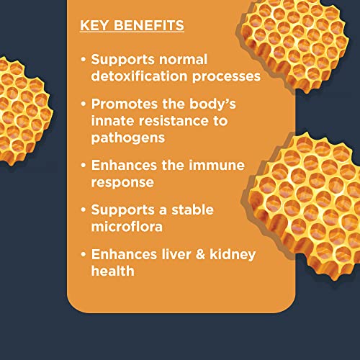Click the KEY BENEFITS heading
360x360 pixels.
point(132,26)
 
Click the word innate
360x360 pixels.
point(111,120)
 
